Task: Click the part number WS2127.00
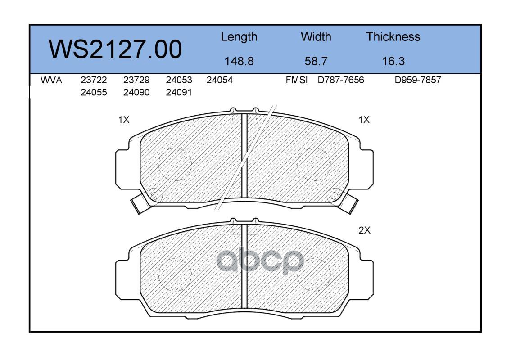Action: pyautogui.click(x=115, y=49)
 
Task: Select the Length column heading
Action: pyautogui.click(x=239, y=37)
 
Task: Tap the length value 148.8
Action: pyautogui.click(x=239, y=61)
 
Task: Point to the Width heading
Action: pyautogui.click(x=316, y=36)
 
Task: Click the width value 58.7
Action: pyautogui.click(x=316, y=61)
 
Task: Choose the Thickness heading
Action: pyautogui.click(x=393, y=36)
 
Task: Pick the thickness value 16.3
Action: pyautogui.click(x=393, y=61)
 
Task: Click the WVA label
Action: pyautogui.click(x=51, y=80)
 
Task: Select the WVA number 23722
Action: pyautogui.click(x=94, y=80)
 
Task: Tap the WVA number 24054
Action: pyautogui.click(x=219, y=80)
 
